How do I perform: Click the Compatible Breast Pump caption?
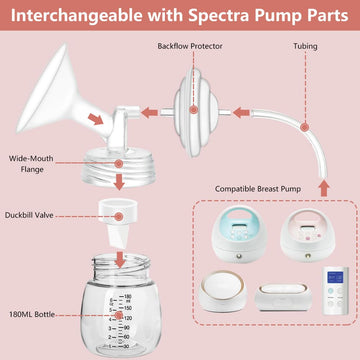tap(264, 187)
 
